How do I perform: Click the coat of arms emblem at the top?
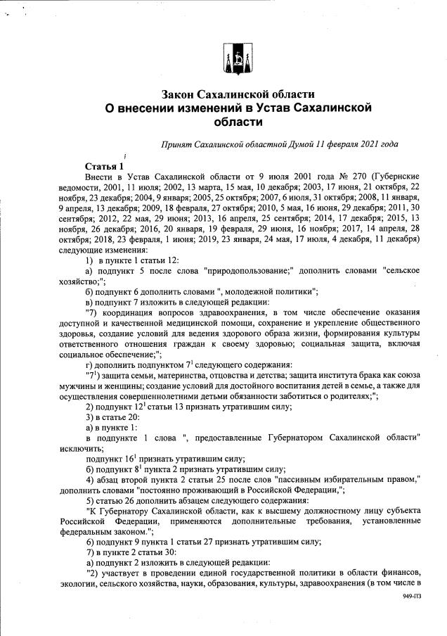[237, 58]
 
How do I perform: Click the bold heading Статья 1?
[104, 165]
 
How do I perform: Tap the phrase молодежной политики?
[275, 291]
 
